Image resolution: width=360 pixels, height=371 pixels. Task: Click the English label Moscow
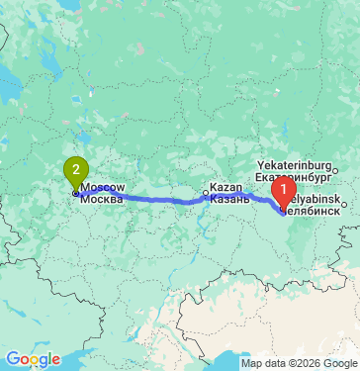[x=103, y=187]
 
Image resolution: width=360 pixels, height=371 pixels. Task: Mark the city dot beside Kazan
[x=206, y=193]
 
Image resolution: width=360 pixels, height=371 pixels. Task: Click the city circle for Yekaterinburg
[x=334, y=171]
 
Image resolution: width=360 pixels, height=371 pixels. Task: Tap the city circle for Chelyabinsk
[x=346, y=205]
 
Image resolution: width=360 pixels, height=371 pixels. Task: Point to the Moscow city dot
[x=75, y=193]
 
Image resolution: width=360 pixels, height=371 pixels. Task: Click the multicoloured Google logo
[x=33, y=358]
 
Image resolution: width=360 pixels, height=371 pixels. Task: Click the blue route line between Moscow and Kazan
[x=158, y=199]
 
